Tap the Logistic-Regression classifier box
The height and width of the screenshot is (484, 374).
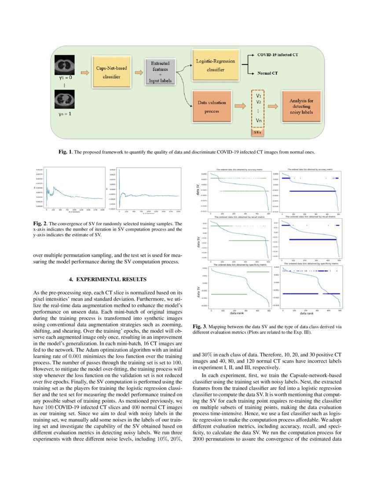pos(215,65)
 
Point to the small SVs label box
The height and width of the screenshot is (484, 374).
pos(257,132)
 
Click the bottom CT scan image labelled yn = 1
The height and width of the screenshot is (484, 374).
pos(64,100)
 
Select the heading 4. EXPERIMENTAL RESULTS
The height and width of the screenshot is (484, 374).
pos(108,279)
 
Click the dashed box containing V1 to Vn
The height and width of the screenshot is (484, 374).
pos(257,108)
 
